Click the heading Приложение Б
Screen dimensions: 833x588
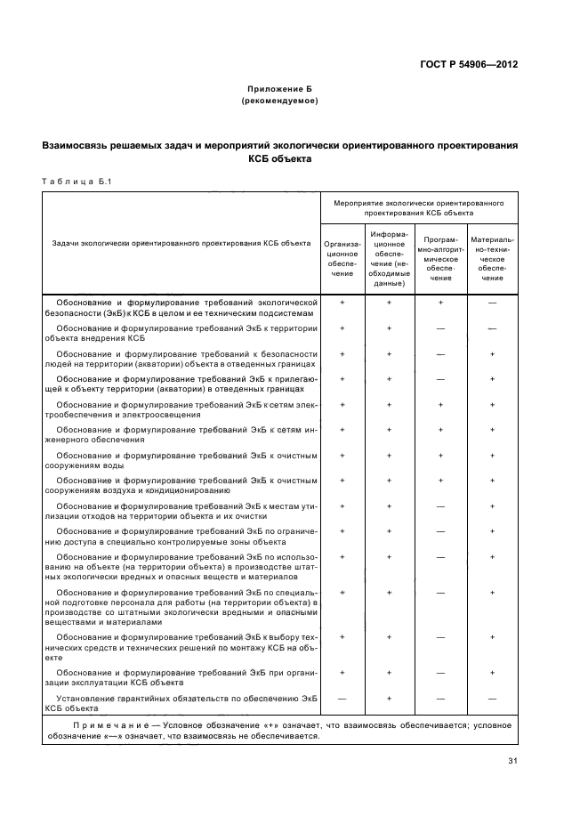(279, 90)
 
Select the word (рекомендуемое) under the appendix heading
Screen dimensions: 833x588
(279, 101)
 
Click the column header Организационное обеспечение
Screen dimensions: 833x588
(342, 258)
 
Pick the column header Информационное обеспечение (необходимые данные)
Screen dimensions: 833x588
(390, 258)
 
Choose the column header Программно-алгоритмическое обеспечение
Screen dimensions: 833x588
(441, 258)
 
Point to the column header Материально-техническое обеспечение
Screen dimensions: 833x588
(492, 258)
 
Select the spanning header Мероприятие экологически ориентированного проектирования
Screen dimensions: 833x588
(418, 208)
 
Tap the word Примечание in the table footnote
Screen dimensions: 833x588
(86, 725)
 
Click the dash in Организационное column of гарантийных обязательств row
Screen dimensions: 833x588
(342, 699)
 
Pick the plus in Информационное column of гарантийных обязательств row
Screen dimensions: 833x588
(390, 699)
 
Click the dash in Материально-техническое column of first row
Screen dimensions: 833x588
(492, 303)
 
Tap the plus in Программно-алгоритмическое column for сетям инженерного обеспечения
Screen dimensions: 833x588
(441, 430)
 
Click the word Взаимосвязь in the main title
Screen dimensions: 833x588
(81, 144)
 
